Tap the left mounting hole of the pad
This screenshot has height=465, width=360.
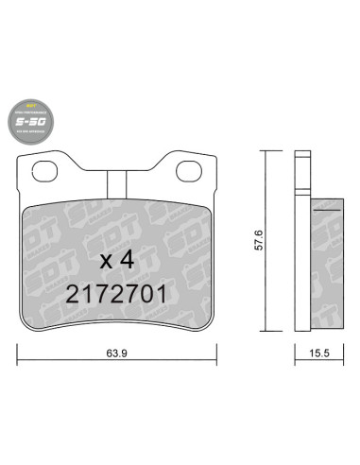(43, 172)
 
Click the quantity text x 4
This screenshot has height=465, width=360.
(117, 258)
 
